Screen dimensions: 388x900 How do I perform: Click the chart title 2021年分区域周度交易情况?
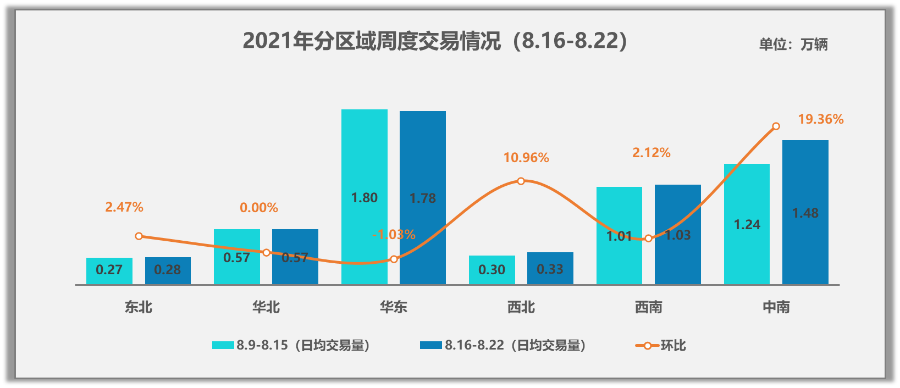click(435, 41)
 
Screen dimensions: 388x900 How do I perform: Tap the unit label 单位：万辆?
click(793, 45)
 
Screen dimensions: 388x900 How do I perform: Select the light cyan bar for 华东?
click(364, 165)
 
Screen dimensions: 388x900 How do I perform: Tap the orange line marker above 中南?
click(776, 126)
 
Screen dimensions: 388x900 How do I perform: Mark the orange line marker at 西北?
click(521, 181)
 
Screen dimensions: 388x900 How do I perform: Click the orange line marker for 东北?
click(139, 236)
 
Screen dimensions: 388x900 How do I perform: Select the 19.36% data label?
click(820, 119)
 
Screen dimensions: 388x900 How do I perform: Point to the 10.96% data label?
click(526, 158)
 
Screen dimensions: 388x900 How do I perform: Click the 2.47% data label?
click(124, 207)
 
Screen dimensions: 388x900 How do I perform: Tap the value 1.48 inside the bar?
click(805, 213)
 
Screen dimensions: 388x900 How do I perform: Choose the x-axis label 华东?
click(394, 307)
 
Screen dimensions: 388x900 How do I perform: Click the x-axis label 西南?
click(649, 307)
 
